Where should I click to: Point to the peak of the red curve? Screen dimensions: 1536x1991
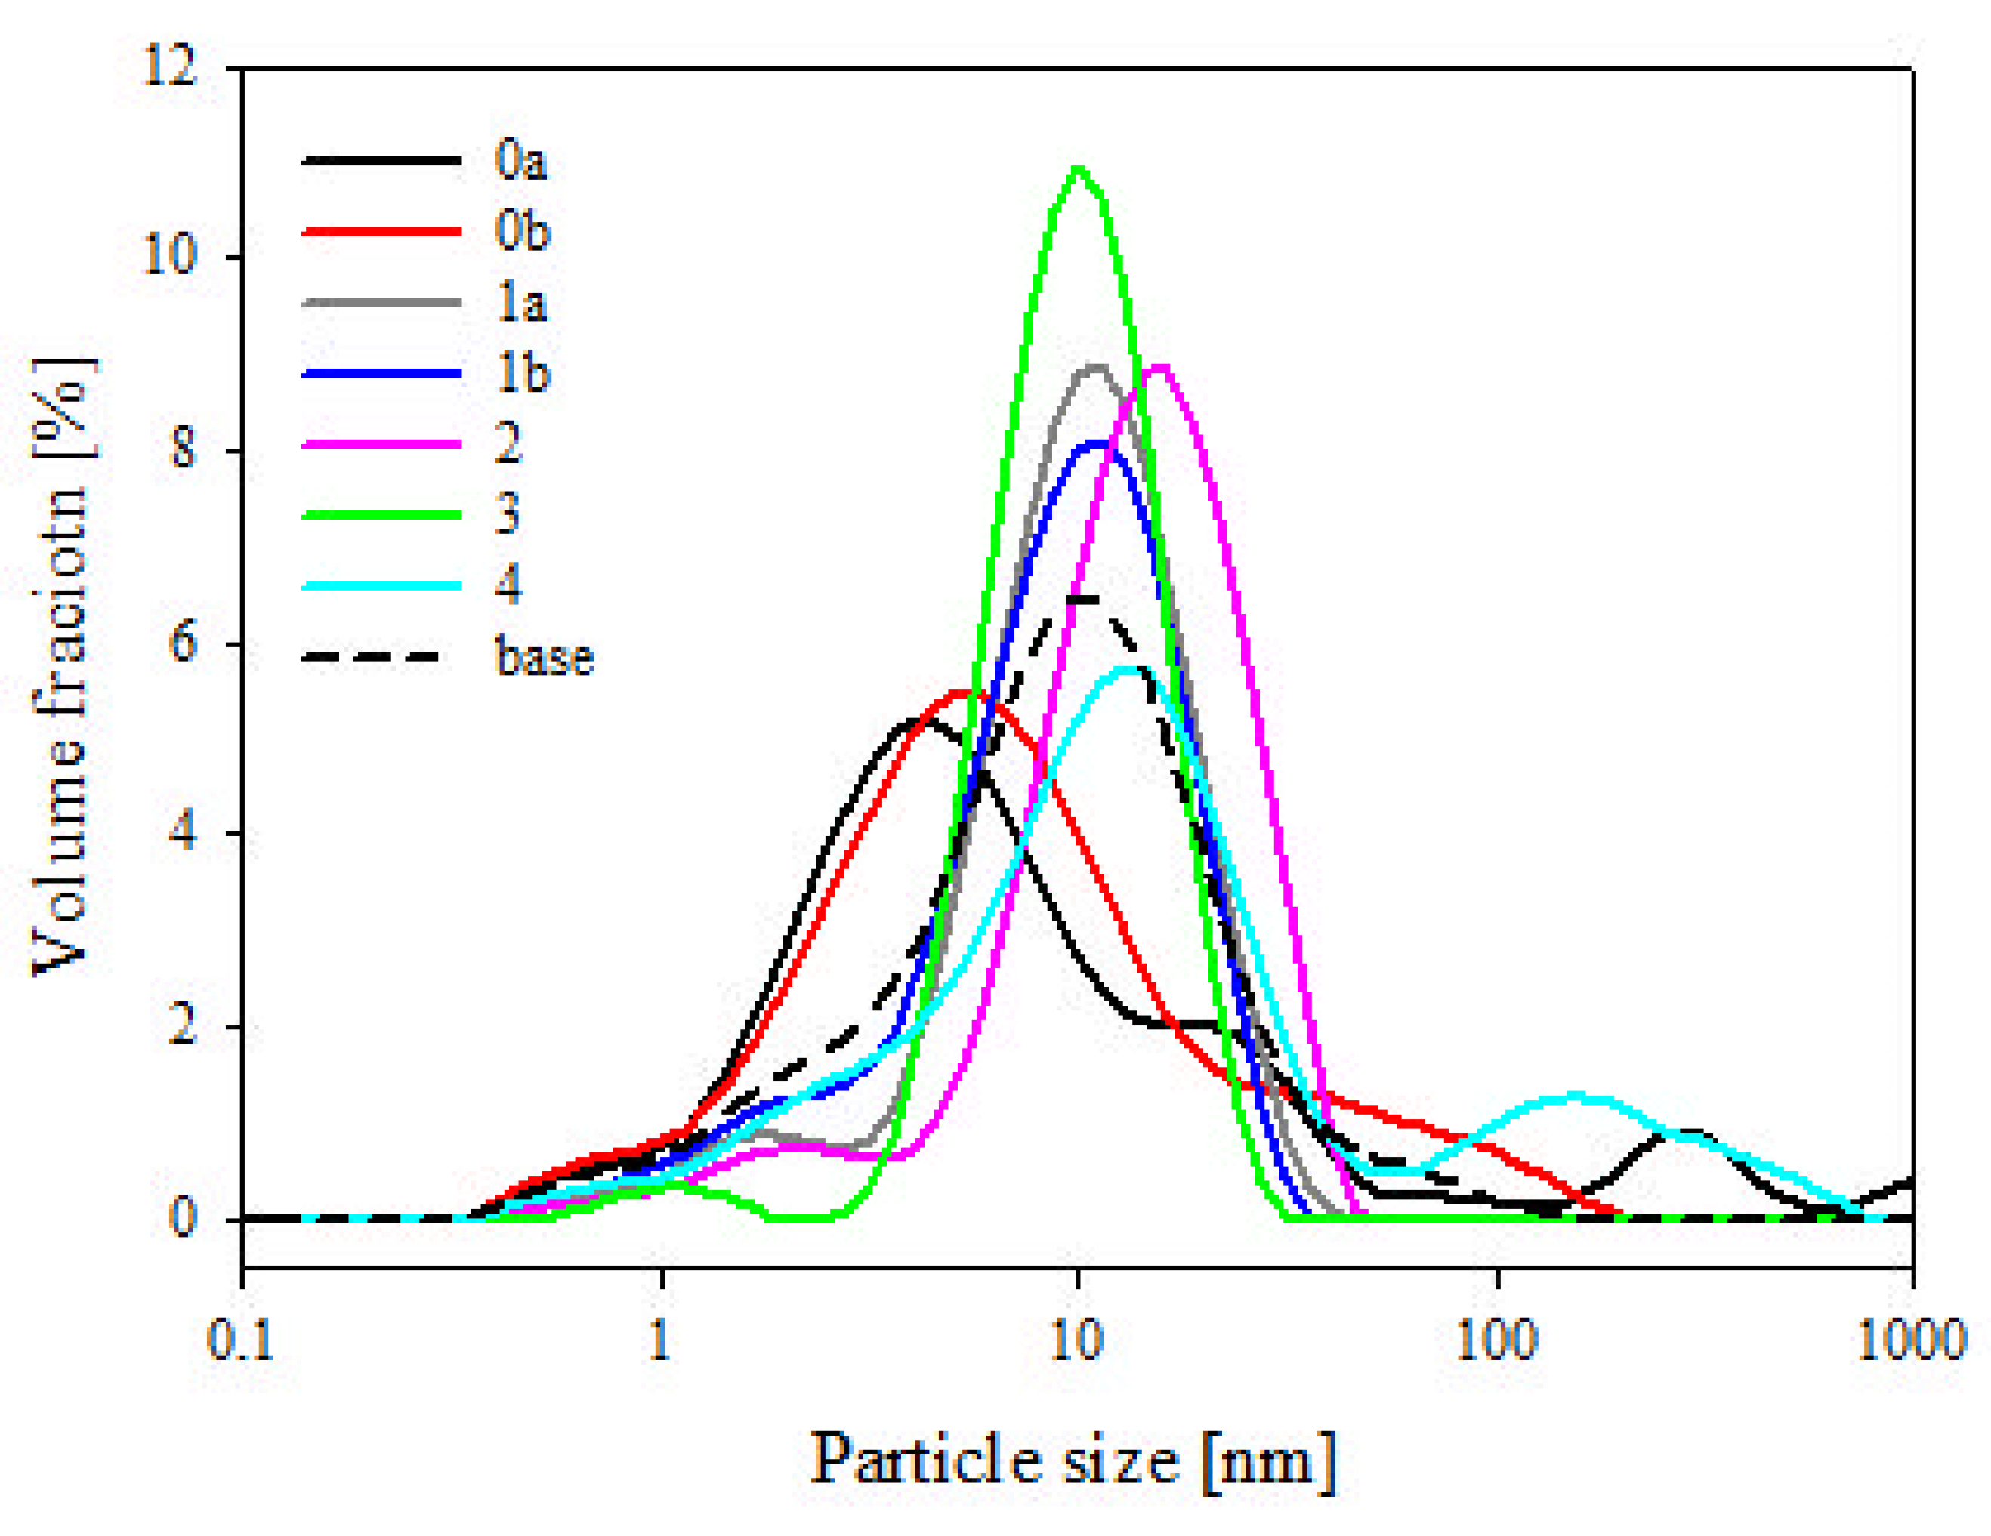[x=965, y=694]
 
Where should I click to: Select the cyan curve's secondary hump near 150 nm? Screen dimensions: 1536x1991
[x=1574, y=1096]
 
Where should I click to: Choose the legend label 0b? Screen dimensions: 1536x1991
[x=523, y=232]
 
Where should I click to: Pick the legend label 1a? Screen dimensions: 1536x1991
[x=521, y=302]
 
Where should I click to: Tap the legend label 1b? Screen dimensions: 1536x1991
[x=523, y=373]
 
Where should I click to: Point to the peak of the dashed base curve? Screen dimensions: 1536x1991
[x=1085, y=599]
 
